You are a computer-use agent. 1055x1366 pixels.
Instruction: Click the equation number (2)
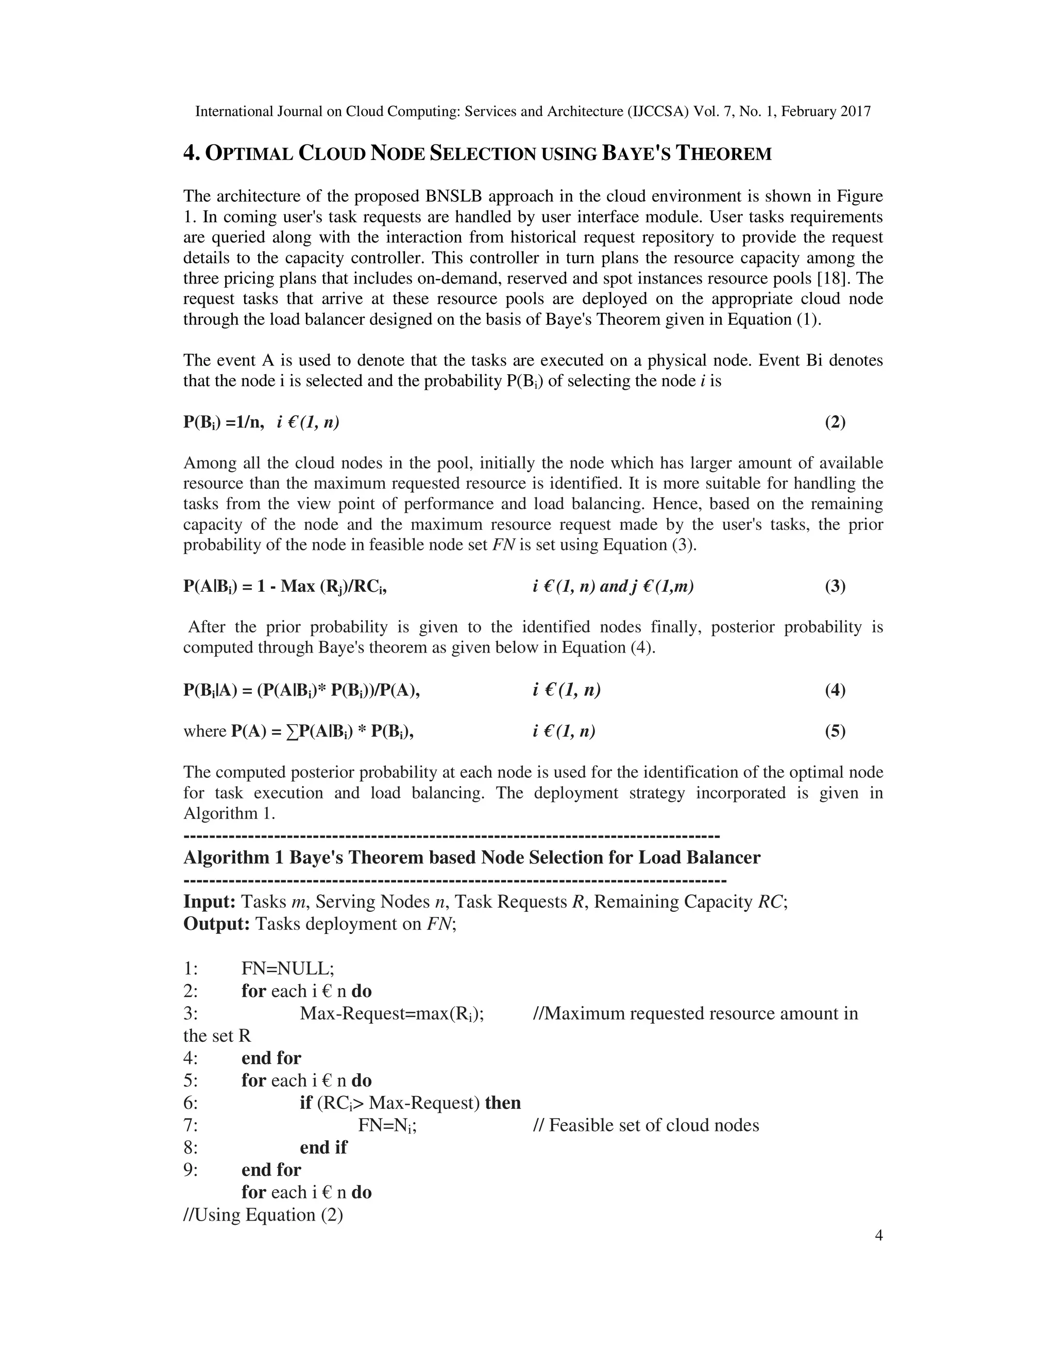(835, 422)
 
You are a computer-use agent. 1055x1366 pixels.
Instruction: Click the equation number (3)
(835, 586)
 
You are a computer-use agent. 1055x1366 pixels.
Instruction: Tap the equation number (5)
(835, 730)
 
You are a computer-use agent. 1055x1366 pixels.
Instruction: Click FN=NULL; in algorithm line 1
(288, 969)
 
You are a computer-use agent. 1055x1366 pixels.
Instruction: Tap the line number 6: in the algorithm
(191, 1103)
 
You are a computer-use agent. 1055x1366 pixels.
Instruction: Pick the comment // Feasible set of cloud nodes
(645, 1125)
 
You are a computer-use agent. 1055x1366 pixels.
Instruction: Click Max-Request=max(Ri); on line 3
(392, 1013)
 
